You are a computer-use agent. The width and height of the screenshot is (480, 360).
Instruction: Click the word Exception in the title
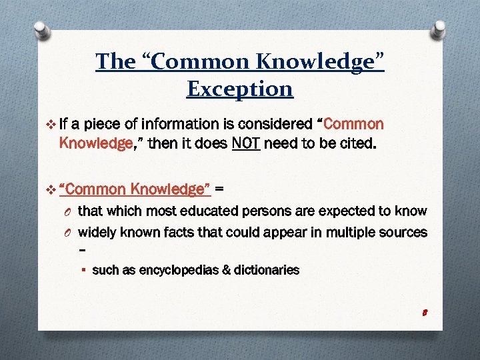pyautogui.click(x=240, y=88)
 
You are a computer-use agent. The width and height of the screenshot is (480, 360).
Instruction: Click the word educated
pyautogui.click(x=231, y=211)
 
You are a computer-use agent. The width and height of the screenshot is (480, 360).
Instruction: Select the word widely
pyautogui.click(x=96, y=232)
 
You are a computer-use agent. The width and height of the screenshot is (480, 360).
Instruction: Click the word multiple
pyautogui.click(x=344, y=232)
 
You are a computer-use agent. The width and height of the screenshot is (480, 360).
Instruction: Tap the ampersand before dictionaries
pyautogui.click(x=230, y=270)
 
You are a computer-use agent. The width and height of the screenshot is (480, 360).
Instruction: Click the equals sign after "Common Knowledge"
pyautogui.click(x=219, y=189)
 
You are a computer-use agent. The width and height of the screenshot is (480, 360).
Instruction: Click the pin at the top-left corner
pyautogui.click(x=41, y=31)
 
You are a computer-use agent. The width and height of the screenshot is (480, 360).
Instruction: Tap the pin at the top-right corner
pyautogui.click(x=439, y=29)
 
